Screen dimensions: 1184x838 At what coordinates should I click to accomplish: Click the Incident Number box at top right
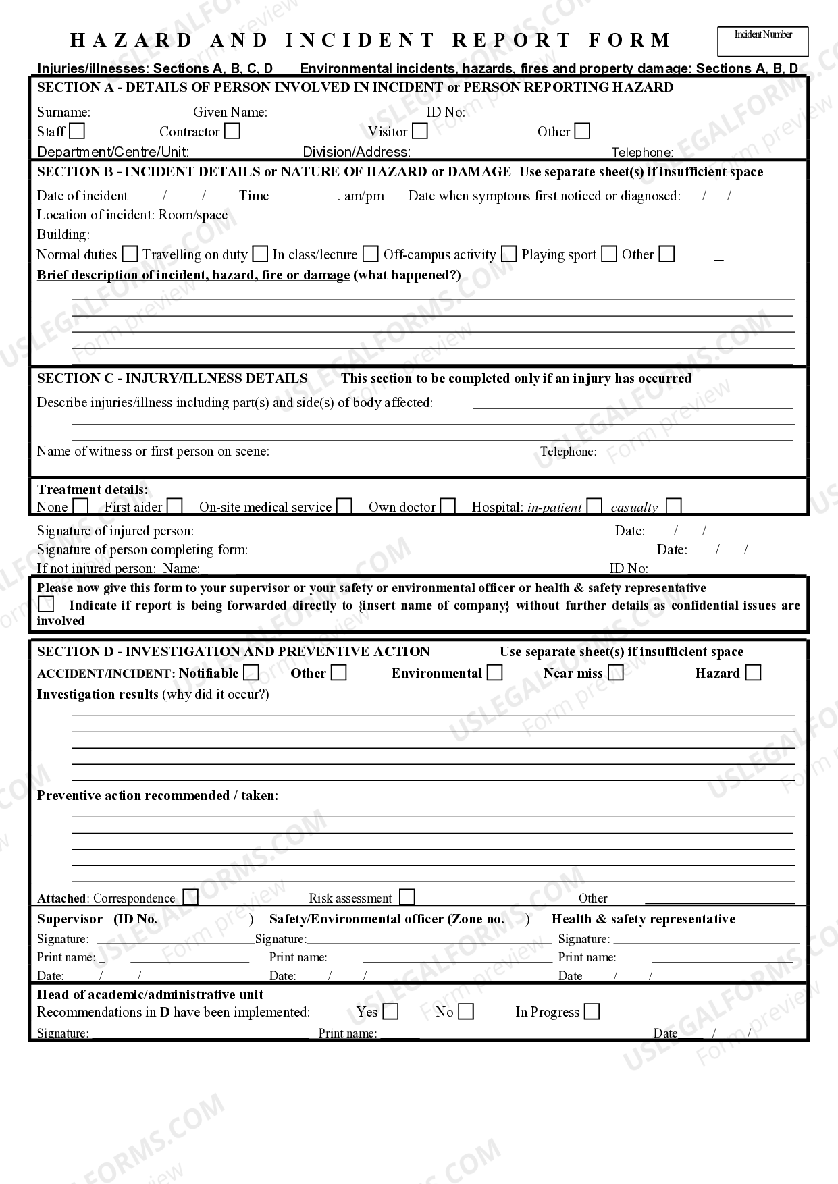[x=762, y=42]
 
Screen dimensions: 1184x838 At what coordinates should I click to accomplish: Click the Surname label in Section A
[x=63, y=112]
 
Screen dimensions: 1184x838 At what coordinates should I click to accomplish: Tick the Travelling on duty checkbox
[x=260, y=254]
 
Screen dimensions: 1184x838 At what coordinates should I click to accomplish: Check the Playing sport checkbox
[x=609, y=254]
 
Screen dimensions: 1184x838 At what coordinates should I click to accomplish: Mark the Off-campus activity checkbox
[x=510, y=254]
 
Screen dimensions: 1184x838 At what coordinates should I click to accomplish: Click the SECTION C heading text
[x=172, y=378]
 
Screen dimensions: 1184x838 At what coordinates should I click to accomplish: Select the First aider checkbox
[x=175, y=506]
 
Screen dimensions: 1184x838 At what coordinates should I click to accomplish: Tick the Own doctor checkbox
[x=448, y=506]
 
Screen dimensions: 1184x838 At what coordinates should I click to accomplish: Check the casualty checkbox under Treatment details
[x=673, y=506]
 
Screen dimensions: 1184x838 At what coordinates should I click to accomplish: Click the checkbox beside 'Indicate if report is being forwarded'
[x=46, y=604]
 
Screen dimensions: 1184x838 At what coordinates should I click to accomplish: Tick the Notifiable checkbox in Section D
[x=251, y=672]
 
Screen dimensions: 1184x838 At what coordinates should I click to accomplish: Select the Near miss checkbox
[x=615, y=672]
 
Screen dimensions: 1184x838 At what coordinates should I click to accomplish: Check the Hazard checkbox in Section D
[x=753, y=672]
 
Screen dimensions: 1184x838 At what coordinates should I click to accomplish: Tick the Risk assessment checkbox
[x=407, y=897]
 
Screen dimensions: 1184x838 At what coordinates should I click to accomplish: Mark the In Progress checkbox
[x=592, y=1011]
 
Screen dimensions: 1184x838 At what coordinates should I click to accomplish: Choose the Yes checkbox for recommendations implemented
[x=390, y=1011]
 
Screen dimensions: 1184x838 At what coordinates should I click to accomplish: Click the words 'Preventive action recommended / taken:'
[x=157, y=795]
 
